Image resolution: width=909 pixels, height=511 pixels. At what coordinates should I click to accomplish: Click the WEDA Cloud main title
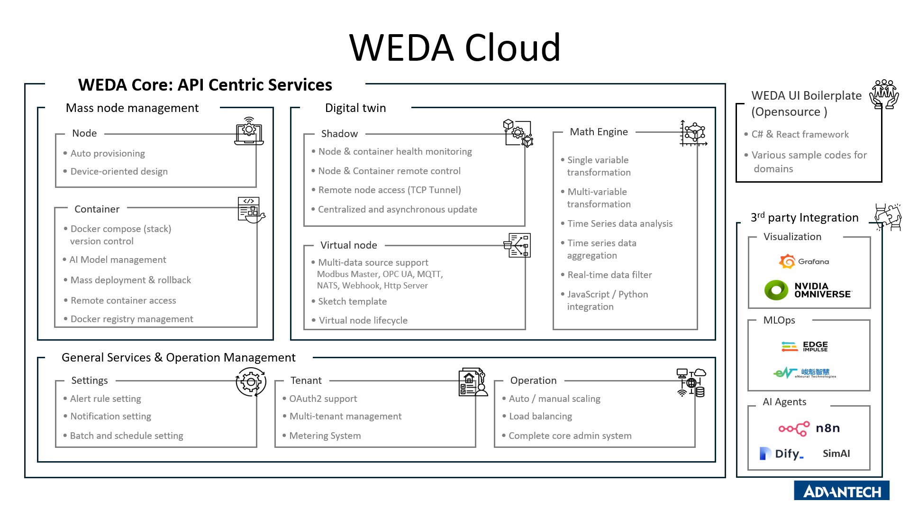pos(454,48)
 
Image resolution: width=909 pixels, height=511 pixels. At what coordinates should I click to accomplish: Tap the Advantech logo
pos(841,491)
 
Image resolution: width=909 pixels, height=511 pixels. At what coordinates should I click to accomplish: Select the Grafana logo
pos(804,261)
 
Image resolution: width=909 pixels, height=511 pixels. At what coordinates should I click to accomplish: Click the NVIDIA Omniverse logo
pos(808,290)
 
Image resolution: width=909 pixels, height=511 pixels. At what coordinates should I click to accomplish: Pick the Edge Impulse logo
pos(804,346)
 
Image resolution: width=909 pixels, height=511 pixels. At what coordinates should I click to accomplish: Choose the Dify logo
pos(782,454)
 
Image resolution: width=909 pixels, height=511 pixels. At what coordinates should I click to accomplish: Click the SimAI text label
pos(836,454)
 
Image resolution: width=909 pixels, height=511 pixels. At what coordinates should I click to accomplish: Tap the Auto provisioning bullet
pos(108,153)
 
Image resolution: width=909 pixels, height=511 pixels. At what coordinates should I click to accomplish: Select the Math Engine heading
pos(599,132)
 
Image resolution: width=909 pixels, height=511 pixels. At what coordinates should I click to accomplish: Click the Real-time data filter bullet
pos(609,275)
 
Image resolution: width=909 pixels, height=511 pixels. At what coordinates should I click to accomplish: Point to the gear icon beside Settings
pos(251,381)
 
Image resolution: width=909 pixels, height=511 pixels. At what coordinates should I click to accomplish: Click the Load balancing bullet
pos(540,416)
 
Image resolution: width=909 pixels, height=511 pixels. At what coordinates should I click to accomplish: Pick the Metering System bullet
pos(325,436)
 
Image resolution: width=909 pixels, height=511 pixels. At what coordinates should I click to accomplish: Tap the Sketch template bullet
pos(352,301)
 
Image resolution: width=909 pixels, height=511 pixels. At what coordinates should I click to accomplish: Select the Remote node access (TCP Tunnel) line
pos(389,190)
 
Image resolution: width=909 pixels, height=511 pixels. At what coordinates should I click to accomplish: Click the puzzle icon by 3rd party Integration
pos(888,217)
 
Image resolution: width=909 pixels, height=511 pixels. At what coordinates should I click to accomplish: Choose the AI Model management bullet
pos(118,260)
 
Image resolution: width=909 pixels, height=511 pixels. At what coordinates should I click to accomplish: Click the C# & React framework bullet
pos(800,134)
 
